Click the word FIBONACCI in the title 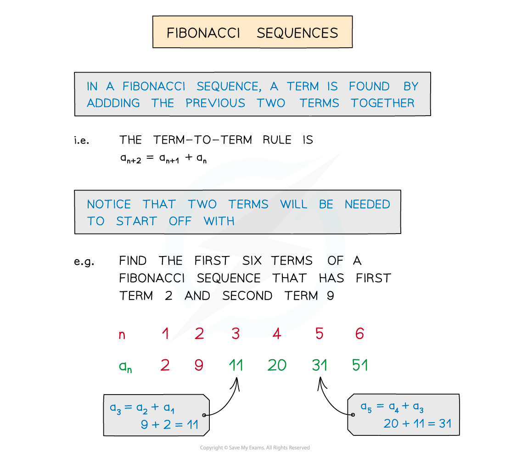click(x=203, y=33)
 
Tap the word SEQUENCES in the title click(x=297, y=33)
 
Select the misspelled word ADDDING click(x=113, y=103)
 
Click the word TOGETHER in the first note click(x=383, y=103)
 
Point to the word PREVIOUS click(x=215, y=103)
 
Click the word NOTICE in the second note click(x=109, y=204)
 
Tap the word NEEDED click(x=367, y=204)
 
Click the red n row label click(x=122, y=335)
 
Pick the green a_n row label click(x=125, y=366)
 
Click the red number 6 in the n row click(x=359, y=334)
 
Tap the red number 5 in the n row click(x=320, y=334)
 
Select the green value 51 click(x=360, y=365)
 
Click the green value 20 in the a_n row click(x=277, y=365)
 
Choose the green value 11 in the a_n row click(x=236, y=365)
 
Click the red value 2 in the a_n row click(x=165, y=365)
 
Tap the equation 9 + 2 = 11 click(x=169, y=425)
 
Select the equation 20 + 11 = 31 click(x=417, y=423)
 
